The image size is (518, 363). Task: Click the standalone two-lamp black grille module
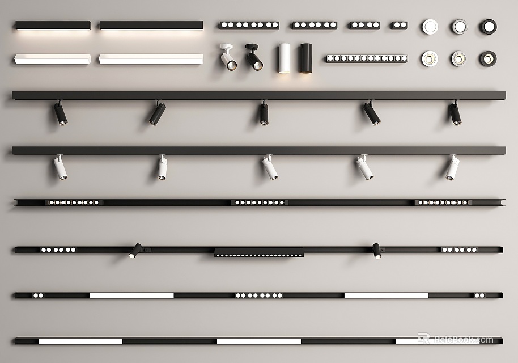pos(400,26)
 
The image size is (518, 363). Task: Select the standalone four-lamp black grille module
pos(365,26)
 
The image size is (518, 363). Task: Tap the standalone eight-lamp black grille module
pos(249,26)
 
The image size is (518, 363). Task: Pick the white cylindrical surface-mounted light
pos(284,58)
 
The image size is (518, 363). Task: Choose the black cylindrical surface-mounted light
pos(306,58)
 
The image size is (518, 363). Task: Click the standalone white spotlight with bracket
pos(228,57)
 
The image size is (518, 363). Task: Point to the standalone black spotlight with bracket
pos(254,57)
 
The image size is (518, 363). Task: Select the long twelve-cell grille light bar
pos(367,58)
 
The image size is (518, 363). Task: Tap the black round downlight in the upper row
pos(489,27)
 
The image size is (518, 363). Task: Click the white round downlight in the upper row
pos(430,27)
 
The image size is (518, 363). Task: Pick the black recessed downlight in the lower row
pos(488,59)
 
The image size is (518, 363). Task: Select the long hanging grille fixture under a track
pos(258,252)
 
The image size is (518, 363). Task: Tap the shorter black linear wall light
pos(53,26)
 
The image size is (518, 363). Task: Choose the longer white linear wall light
pos(151,59)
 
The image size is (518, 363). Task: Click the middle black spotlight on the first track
pos(264,113)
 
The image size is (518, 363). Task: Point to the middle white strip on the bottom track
pos(258,341)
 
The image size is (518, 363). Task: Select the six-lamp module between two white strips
pos(258,296)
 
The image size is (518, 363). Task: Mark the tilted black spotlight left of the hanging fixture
pos(135,251)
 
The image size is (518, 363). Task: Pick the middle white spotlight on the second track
pos(270,168)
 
